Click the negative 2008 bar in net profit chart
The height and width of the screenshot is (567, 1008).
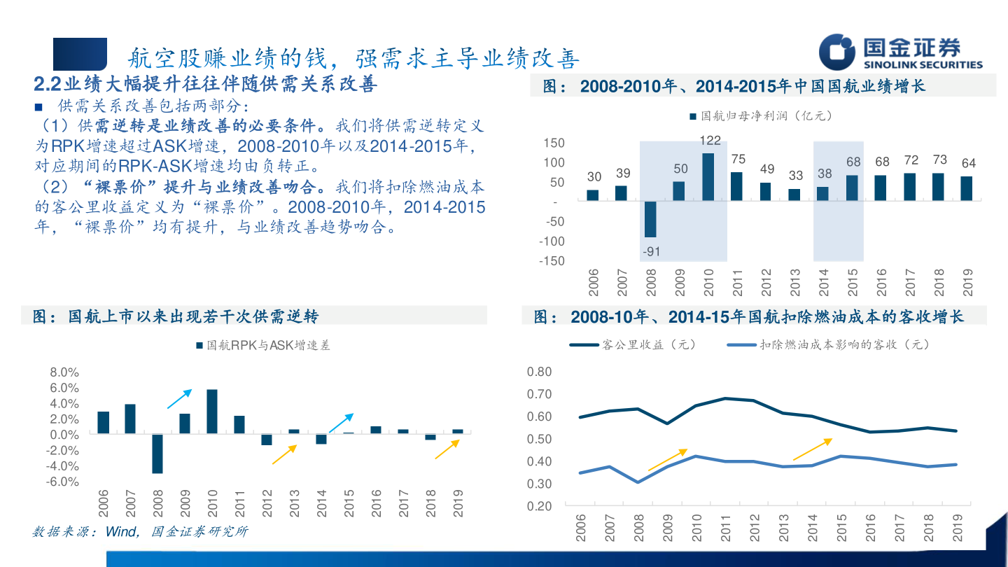(650, 219)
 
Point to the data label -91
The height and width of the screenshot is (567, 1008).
(650, 251)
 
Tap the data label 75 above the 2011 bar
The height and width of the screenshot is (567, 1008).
(737, 160)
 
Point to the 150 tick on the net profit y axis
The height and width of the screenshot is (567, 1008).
(554, 143)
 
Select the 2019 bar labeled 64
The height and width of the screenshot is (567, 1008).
(966, 188)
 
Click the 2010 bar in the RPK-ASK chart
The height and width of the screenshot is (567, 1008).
(212, 412)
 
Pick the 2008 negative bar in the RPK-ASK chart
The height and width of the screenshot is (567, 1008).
(157, 454)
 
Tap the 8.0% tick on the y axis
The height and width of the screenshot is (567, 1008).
(64, 372)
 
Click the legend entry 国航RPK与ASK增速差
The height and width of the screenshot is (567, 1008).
(263, 346)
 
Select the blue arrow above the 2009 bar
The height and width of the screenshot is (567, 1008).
(178, 399)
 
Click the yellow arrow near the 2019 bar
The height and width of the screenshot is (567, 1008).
(447, 449)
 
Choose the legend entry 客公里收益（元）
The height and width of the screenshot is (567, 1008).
(633, 345)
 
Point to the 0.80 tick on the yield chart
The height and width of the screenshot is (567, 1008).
(539, 372)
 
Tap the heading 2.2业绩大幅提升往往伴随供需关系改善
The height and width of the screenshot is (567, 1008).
(206, 85)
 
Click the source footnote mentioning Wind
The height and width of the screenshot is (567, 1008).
(140, 532)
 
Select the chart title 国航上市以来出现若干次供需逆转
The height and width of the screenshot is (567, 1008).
(192, 316)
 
